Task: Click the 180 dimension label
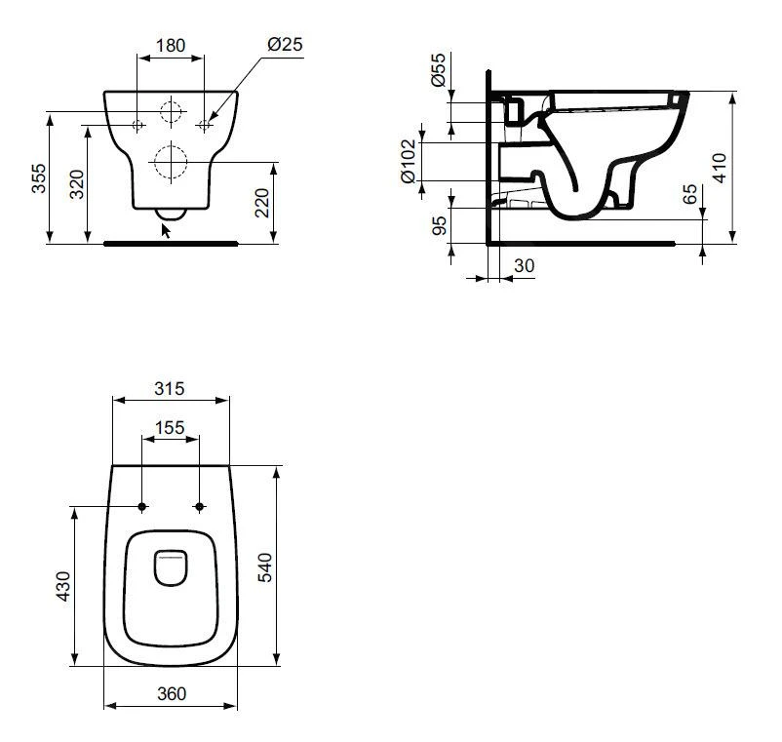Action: tap(171, 45)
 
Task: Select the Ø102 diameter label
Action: tap(409, 160)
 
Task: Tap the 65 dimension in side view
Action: tap(691, 194)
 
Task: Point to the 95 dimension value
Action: tap(440, 226)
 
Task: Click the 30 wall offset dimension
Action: tap(524, 265)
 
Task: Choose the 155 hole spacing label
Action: tap(170, 427)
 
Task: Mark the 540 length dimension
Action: tap(265, 566)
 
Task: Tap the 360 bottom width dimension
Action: tap(171, 693)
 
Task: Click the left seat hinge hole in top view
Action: tap(142, 506)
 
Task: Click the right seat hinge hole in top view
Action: tap(200, 506)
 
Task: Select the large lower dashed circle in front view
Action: tap(170, 161)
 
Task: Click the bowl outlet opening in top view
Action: tap(171, 568)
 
